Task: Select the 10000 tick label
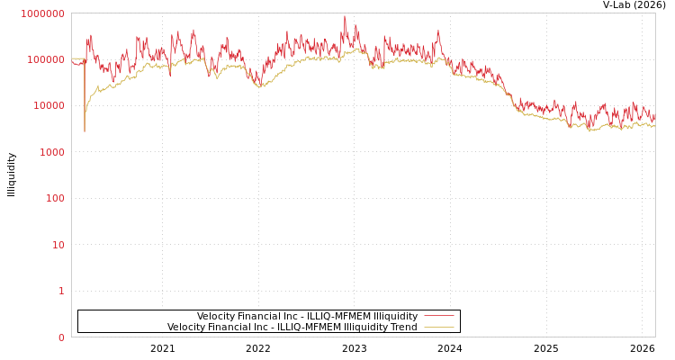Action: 48,106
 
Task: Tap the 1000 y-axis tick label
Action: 50,152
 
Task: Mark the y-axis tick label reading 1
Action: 61,291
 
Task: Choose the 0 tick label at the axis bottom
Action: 61,337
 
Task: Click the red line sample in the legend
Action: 438,316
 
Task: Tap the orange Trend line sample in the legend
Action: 438,328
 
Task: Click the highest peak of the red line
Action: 344,16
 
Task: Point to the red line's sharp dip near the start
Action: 85,130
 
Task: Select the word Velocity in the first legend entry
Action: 217,317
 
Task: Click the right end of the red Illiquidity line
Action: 654,117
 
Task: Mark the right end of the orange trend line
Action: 654,127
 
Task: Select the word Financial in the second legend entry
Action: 228,328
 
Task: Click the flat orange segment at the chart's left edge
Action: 78,58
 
